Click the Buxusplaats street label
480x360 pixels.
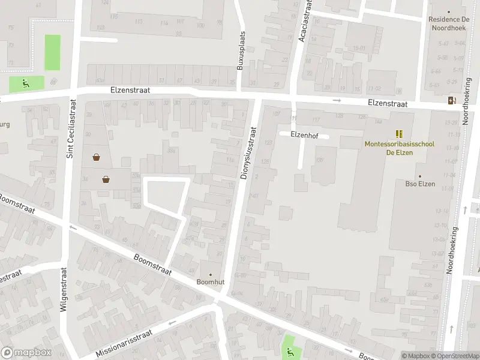[x=241, y=51]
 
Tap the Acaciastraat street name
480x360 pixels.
[x=305, y=21]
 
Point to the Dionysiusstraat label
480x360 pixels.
[x=248, y=152]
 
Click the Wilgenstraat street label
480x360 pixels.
[x=64, y=289]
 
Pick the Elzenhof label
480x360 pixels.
[x=304, y=135]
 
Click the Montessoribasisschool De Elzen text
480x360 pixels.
[x=399, y=148]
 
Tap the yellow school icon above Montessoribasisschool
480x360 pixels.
[x=399, y=133]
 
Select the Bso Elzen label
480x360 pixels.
[x=420, y=184]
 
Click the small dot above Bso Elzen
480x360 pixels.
[x=420, y=176]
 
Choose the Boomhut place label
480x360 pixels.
[x=210, y=281]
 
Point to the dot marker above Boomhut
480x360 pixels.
[x=210, y=274]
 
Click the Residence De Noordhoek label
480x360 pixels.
[x=448, y=23]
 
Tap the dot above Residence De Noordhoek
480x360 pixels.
[x=448, y=11]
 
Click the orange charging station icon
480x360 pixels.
[x=451, y=100]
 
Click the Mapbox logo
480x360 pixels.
[x=26, y=353]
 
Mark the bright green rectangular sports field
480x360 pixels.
[x=53, y=52]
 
